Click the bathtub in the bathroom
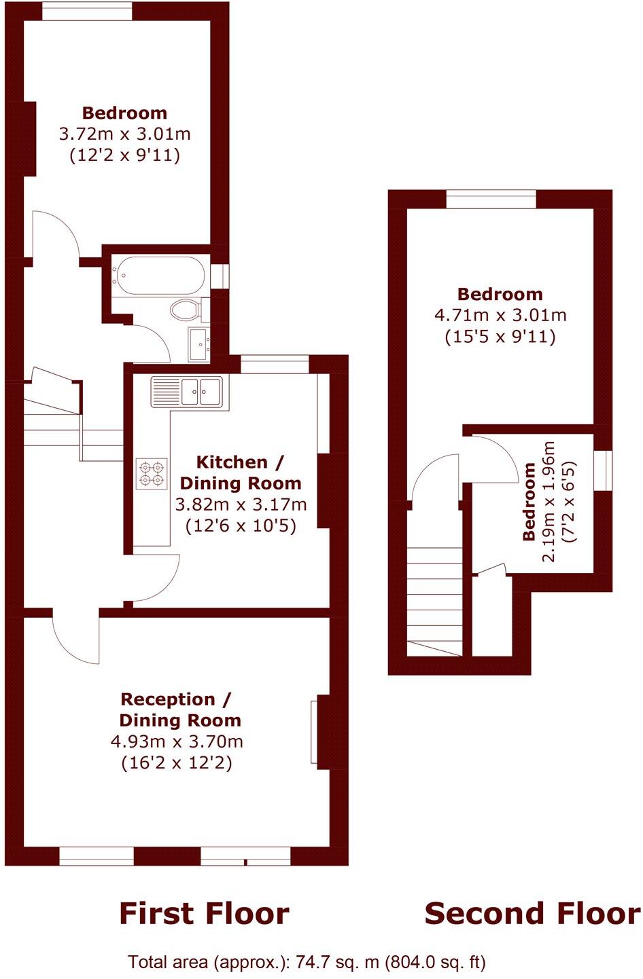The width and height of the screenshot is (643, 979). [157, 276]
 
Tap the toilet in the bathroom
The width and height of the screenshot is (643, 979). [185, 311]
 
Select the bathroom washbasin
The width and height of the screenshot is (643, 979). [200, 344]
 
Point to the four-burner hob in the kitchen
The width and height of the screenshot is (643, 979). [152, 474]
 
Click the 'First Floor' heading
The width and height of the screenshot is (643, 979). [204, 914]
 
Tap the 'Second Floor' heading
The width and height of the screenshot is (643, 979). [532, 914]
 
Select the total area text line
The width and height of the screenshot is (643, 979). [307, 962]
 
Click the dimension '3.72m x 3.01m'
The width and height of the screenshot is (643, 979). [125, 134]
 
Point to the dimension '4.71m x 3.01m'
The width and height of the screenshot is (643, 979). [500, 315]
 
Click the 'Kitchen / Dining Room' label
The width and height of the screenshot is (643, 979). [240, 473]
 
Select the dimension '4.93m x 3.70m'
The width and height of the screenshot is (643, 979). [177, 741]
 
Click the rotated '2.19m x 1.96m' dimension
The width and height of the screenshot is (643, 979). [549, 502]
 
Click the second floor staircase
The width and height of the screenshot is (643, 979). [434, 597]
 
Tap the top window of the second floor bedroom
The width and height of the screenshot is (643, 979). [491, 200]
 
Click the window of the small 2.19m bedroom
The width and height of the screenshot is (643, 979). [603, 470]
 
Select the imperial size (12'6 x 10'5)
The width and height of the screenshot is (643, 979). [241, 525]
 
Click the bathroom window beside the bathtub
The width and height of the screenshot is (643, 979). [220, 276]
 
